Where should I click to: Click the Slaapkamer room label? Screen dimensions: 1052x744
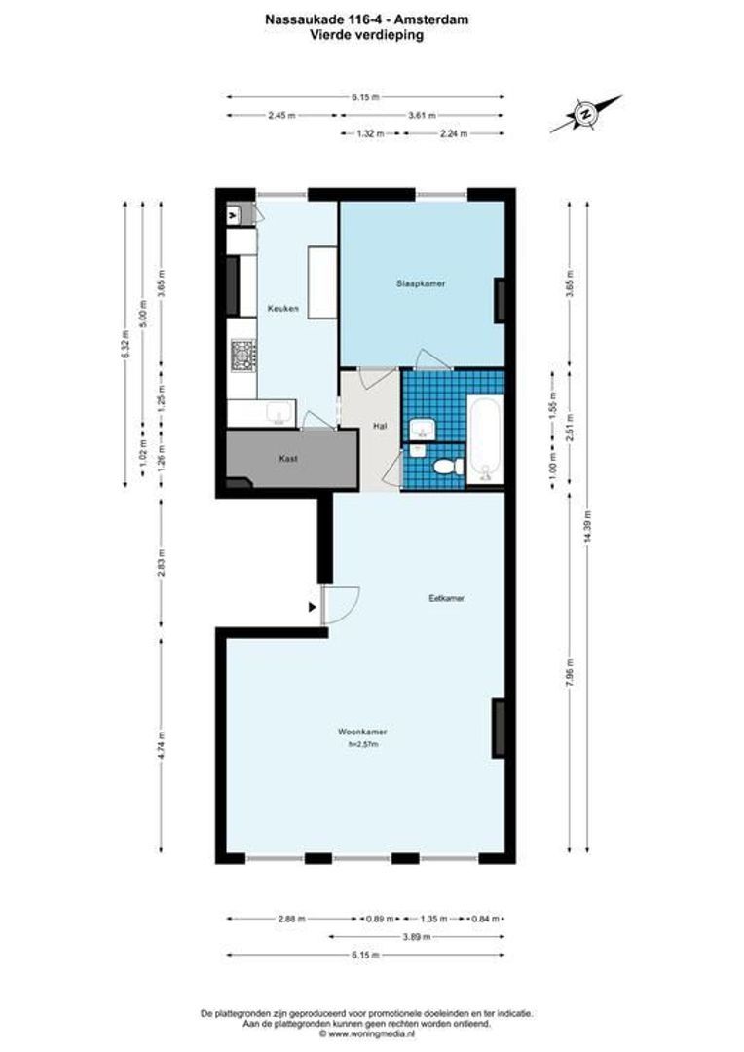click(x=421, y=284)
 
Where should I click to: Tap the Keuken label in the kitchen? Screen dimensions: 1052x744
click(x=282, y=310)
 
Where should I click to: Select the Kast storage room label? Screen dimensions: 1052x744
click(x=287, y=458)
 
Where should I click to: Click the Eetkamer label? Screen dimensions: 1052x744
click(x=445, y=598)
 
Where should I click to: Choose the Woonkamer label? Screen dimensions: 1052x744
click(x=362, y=732)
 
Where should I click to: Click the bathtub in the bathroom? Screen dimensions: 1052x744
click(x=484, y=439)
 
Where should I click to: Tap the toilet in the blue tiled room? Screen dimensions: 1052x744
click(x=446, y=466)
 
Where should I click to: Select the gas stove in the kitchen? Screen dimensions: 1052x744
click(x=242, y=357)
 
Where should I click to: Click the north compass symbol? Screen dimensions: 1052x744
click(x=585, y=114)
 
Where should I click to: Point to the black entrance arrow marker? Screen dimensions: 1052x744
click(x=312, y=608)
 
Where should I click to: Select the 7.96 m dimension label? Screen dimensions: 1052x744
click(x=570, y=674)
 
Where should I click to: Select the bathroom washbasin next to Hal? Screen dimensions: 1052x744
click(x=422, y=428)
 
